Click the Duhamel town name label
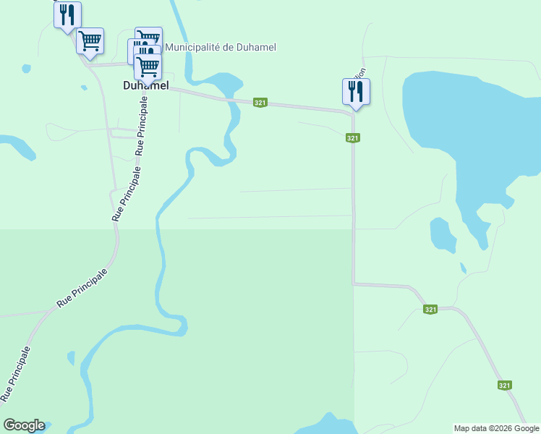pyautogui.click(x=145, y=85)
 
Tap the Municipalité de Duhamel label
pyautogui.click(x=221, y=48)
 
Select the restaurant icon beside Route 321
pyautogui.click(x=355, y=92)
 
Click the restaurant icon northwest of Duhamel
pyautogui.click(x=67, y=14)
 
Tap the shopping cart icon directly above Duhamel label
pyautogui.click(x=148, y=66)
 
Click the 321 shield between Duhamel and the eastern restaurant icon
pyautogui.click(x=260, y=103)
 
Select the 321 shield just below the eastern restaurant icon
pyautogui.click(x=352, y=138)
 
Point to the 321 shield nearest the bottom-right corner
pyautogui.click(x=504, y=386)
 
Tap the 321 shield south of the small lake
pyautogui.click(x=430, y=310)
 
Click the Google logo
pyautogui.click(x=24, y=425)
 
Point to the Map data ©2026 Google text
pyautogui.click(x=497, y=428)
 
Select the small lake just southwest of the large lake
pyautogui.click(x=442, y=235)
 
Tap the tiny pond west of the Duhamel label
pyautogui.click(x=26, y=69)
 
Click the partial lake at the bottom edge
pyautogui.click(x=329, y=425)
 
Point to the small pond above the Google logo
pyautogui.click(x=70, y=357)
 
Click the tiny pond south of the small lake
pyautogui.click(x=463, y=268)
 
